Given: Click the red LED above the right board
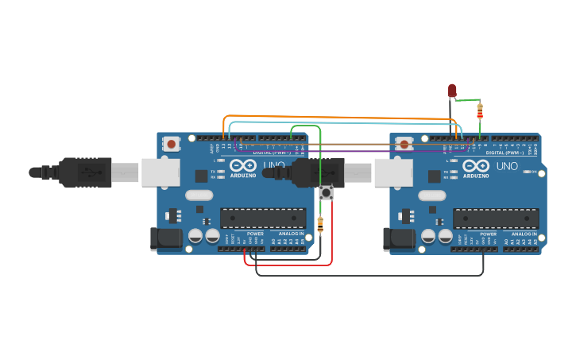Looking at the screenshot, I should tap(452, 91).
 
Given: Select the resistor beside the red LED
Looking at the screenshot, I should tap(480, 112).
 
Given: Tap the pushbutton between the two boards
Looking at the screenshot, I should tap(325, 192).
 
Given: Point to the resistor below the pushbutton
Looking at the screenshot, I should tap(320, 225).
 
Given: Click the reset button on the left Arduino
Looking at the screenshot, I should tap(171, 144).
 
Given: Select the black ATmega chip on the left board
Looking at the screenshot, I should tap(263, 218).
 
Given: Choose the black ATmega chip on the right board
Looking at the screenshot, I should tap(496, 218).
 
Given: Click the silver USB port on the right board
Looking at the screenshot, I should tap(393, 172).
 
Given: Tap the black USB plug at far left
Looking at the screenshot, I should tap(79, 172).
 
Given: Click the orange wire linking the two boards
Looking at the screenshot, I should tap(342, 118).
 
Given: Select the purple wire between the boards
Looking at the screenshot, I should tap(350, 151).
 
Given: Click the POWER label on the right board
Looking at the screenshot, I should tap(489, 234).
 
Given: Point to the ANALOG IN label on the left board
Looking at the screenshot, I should tap(291, 234).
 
